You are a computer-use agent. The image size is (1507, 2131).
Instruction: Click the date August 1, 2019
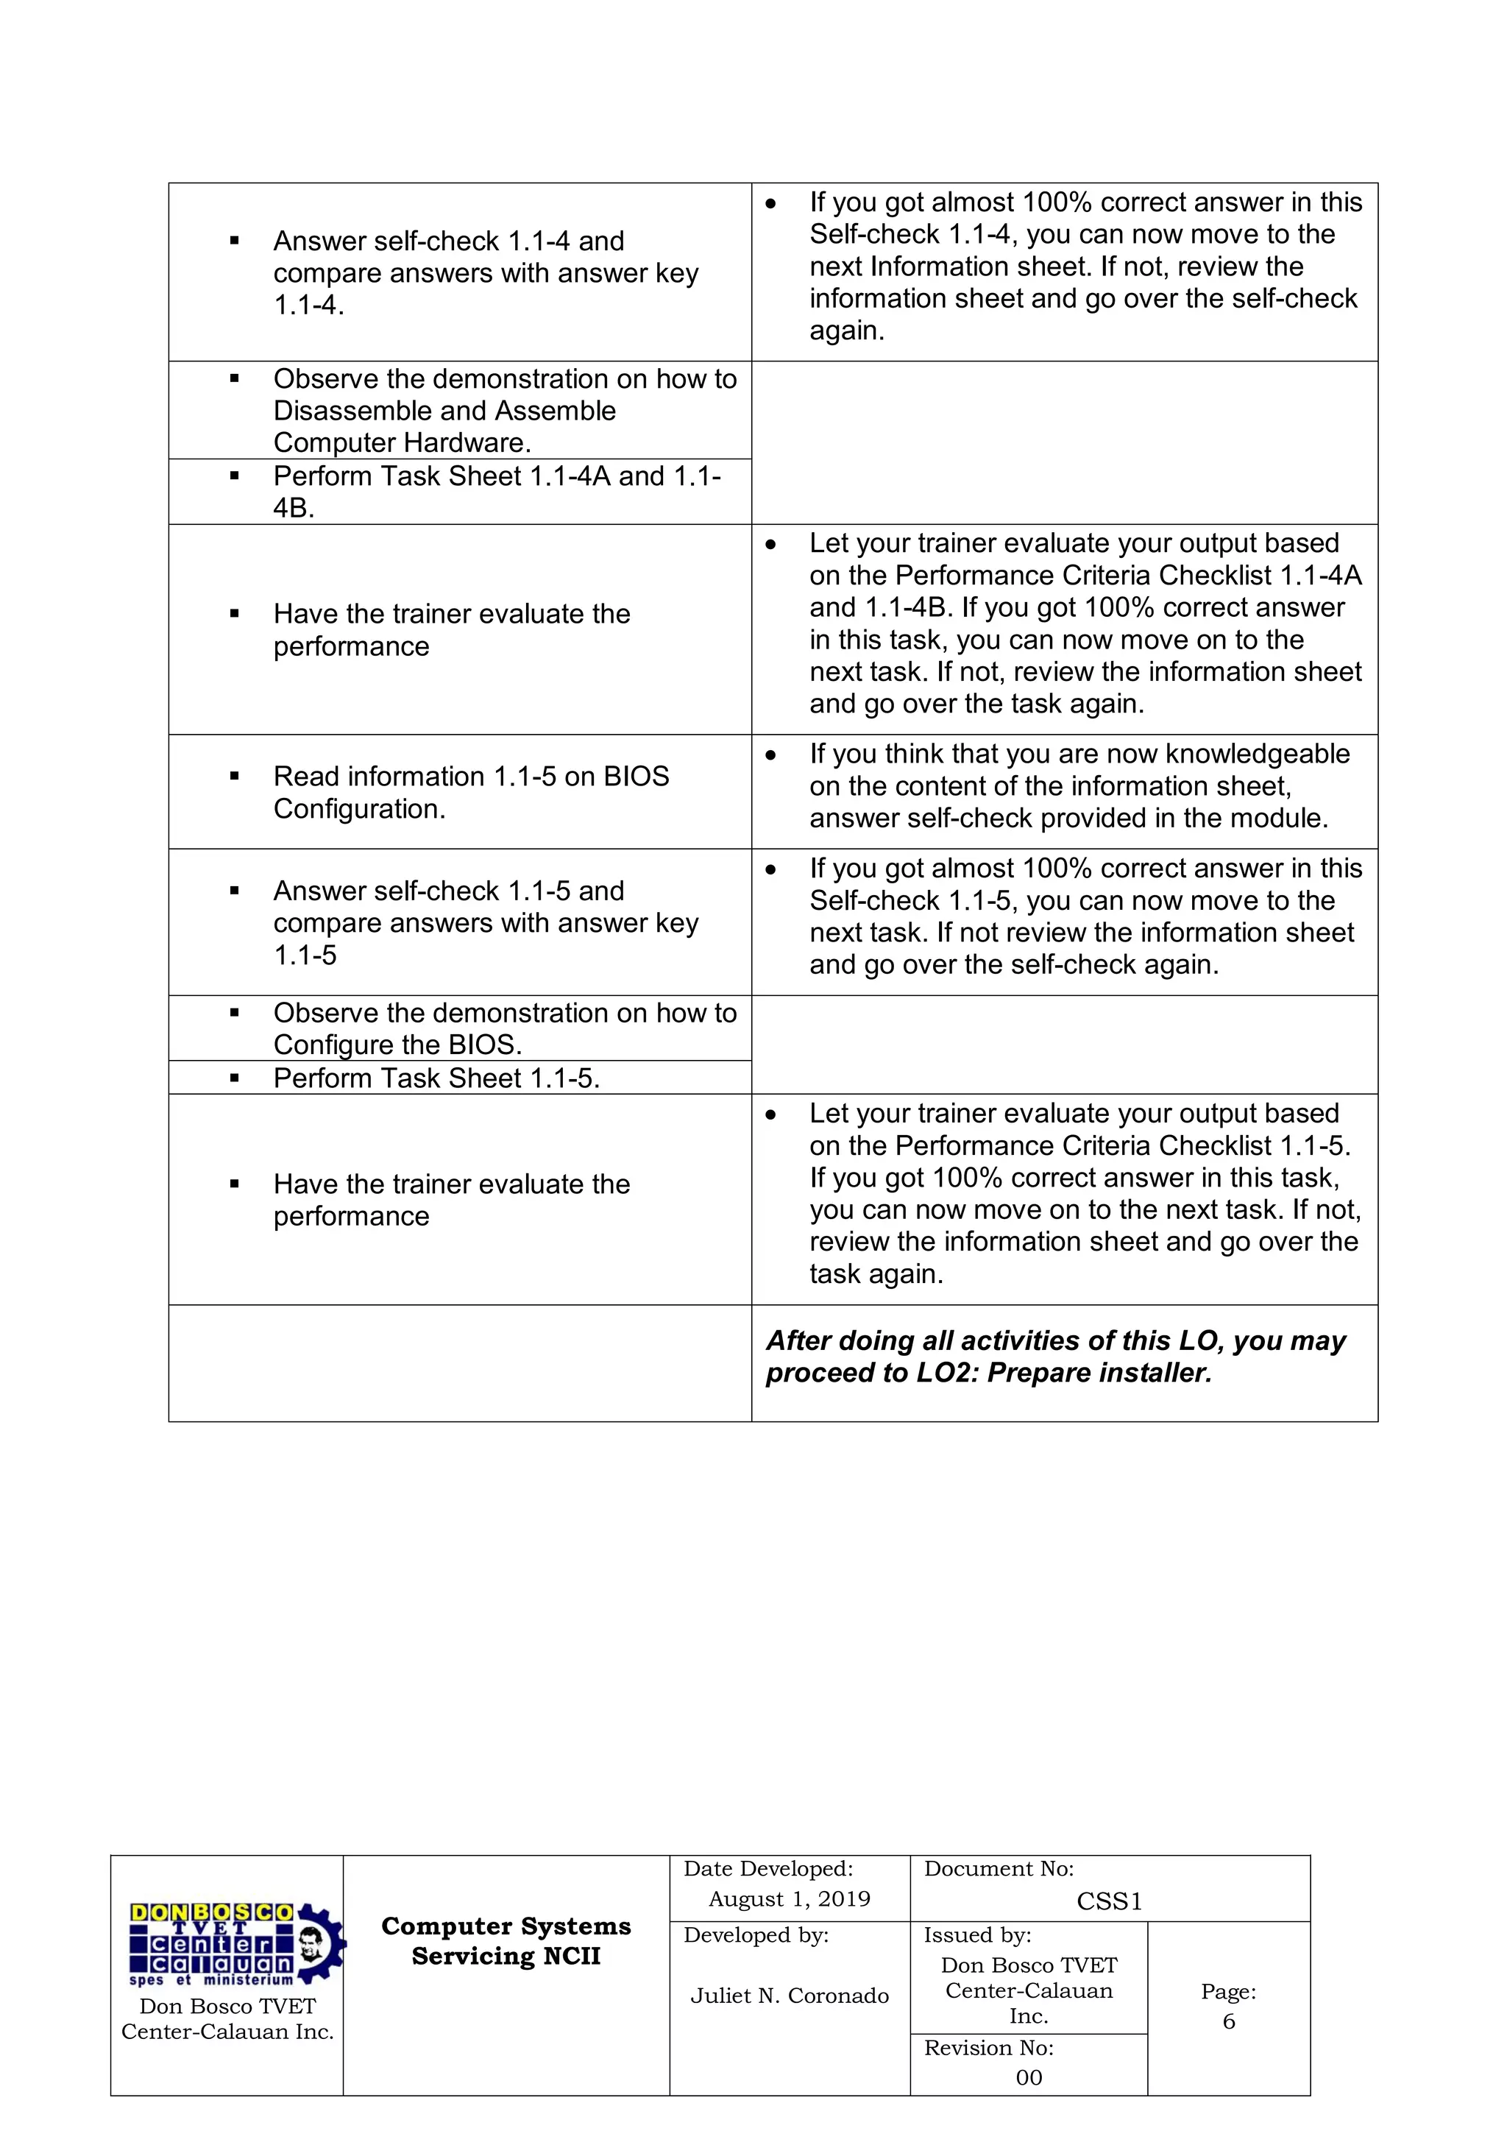[x=789, y=1899]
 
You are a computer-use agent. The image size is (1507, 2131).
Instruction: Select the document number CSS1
[x=1109, y=1902]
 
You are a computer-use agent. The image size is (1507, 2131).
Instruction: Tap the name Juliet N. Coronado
[x=789, y=1996]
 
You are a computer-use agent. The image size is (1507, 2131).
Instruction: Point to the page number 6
[x=1229, y=2021]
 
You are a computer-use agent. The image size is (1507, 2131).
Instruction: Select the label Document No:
[x=999, y=1869]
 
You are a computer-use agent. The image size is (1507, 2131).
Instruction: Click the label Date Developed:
[x=767, y=1869]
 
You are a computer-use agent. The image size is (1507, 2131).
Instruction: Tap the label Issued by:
[x=977, y=1935]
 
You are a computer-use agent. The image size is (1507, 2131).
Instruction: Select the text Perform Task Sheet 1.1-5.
[x=436, y=1078]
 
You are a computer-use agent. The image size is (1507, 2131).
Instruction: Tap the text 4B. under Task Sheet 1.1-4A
[x=294, y=508]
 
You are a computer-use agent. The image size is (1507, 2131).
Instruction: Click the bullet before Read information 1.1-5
[x=235, y=777]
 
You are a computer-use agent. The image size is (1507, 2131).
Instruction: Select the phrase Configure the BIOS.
[x=397, y=1045]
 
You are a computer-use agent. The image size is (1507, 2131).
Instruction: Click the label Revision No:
[x=988, y=2049]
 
